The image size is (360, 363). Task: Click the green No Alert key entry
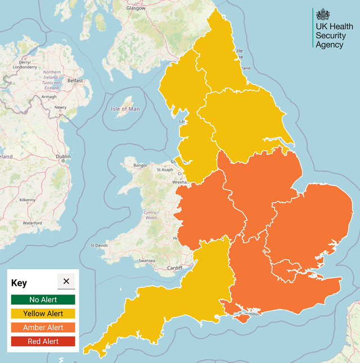pos(43,300)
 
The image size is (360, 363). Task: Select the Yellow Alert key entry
pos(43,314)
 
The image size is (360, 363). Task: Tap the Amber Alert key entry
pos(43,327)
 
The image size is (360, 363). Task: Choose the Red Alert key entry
pos(43,341)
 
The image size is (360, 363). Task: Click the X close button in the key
pos(66,282)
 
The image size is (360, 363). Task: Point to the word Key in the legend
pos(19,283)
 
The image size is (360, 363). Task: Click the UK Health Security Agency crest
pos(323,15)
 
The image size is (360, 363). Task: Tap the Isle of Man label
pos(125,108)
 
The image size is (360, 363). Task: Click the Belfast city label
pos(75,81)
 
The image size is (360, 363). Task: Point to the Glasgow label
pos(136,8)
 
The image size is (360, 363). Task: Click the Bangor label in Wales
pos(140,166)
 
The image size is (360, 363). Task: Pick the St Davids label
pos(99,246)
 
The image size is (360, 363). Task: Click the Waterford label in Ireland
pos(32,223)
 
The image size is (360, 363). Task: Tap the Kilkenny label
pos(27,199)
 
